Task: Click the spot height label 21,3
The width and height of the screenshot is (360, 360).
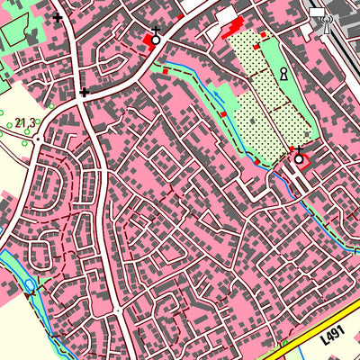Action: click(24, 122)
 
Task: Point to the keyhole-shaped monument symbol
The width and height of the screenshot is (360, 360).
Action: click(283, 74)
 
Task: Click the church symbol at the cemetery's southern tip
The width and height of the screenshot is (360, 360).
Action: click(299, 159)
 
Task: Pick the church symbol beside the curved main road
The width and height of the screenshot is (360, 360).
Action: click(156, 39)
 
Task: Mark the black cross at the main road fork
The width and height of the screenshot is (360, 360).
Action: click(84, 92)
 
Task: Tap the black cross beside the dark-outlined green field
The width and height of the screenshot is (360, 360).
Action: click(58, 16)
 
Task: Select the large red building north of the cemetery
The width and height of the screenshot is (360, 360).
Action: click(236, 25)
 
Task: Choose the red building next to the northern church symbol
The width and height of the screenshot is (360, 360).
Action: click(148, 40)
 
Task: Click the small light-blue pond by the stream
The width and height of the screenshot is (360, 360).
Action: click(31, 285)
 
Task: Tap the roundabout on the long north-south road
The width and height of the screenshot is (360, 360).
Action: click(118, 310)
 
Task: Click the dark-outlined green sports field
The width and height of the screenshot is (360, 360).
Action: click(18, 31)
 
